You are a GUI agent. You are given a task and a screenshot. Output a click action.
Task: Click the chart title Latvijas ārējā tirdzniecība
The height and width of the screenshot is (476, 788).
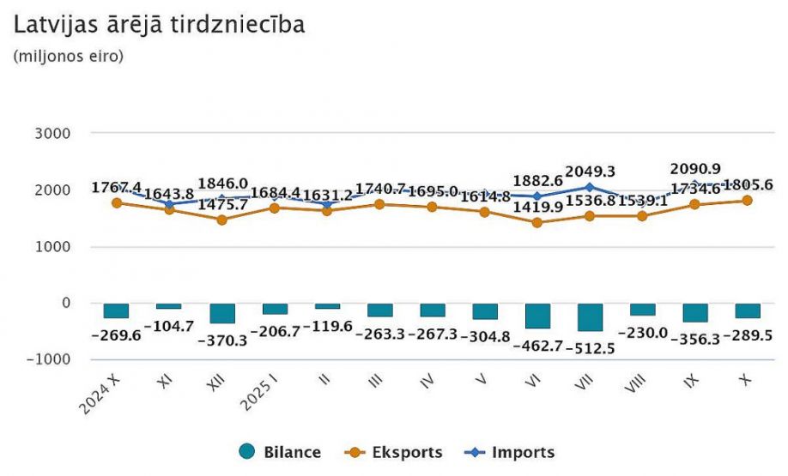coord(160,26)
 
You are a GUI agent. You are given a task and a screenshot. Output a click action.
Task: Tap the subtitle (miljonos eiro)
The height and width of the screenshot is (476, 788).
coord(69,57)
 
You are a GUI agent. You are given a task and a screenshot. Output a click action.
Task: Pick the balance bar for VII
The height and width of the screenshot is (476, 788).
coord(590,316)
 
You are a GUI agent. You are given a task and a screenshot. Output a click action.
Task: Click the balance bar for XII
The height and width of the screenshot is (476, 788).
coord(221,313)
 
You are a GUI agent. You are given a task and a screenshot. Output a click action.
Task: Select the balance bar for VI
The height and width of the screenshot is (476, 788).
coord(537,316)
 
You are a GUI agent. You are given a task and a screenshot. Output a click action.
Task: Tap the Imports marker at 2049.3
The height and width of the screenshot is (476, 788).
coord(590,187)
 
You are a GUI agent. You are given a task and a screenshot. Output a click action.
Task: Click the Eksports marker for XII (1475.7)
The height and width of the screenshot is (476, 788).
coord(221,220)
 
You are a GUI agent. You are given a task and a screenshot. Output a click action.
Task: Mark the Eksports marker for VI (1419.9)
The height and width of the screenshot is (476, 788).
coord(537,222)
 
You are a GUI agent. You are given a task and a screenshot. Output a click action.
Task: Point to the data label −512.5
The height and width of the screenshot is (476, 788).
coord(591,348)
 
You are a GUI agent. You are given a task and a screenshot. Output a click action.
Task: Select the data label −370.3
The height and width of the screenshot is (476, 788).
coord(222,340)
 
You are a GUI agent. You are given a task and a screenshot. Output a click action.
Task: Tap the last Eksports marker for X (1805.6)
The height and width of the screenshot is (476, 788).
coord(747,201)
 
